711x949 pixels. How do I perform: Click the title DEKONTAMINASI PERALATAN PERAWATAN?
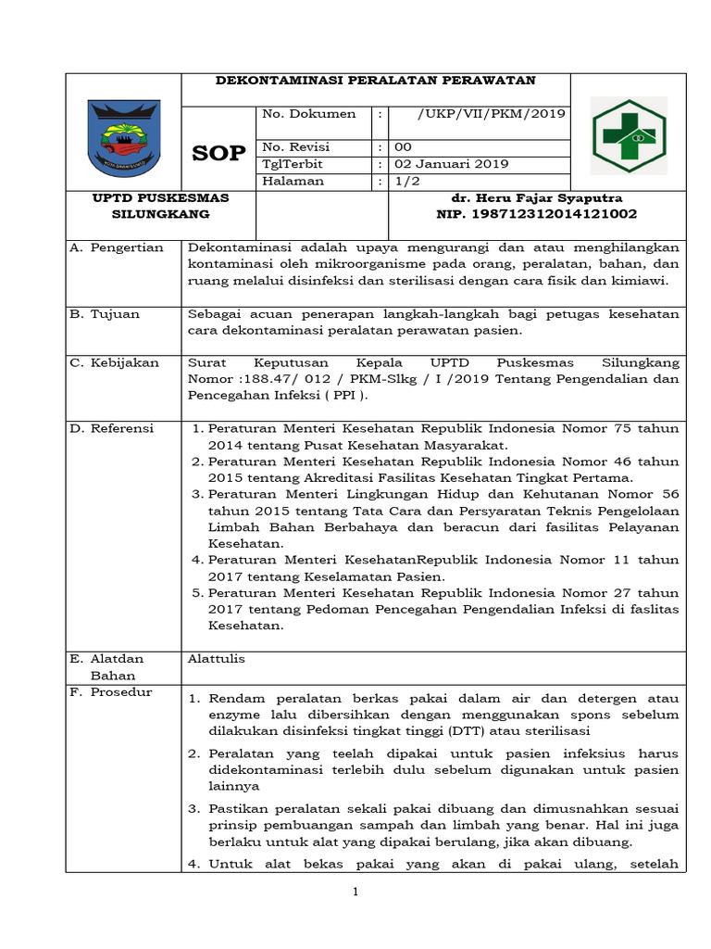click(376, 81)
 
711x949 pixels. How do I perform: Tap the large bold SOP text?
click(218, 154)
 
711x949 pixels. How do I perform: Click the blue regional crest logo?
click(123, 138)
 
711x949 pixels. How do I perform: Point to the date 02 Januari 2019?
click(451, 164)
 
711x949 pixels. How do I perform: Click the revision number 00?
click(404, 147)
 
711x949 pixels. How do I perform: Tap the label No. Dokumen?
click(309, 114)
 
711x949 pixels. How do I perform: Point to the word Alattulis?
click(217, 659)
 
